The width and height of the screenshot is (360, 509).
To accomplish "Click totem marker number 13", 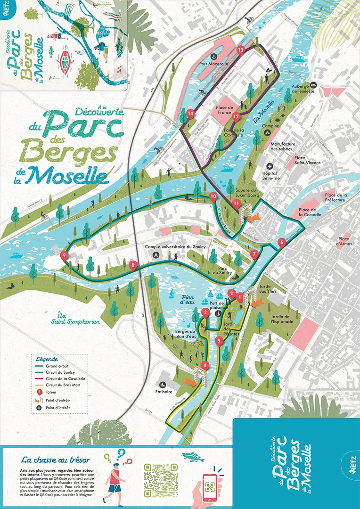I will [x=241, y=50].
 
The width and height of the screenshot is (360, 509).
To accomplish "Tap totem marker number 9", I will [x=64, y=256].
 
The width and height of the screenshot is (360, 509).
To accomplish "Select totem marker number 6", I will [x=282, y=243].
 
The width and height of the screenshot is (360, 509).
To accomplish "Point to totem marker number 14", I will [x=190, y=114].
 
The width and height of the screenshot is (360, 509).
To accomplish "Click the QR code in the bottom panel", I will [x=161, y=480].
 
